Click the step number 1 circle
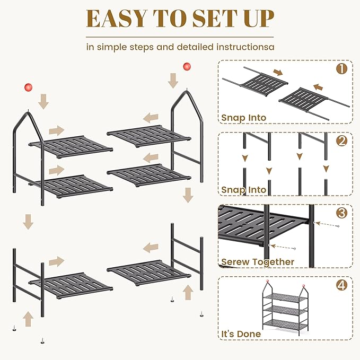(x=341, y=68)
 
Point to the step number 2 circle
(x=341, y=141)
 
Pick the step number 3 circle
(x=341, y=213)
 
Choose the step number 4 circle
(x=341, y=285)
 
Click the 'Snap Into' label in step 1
(x=243, y=118)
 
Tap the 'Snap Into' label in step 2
(x=243, y=190)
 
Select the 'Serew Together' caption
(x=258, y=262)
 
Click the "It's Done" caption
(x=241, y=334)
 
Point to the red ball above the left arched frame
(x=29, y=87)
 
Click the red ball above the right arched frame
(x=187, y=67)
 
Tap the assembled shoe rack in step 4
(x=285, y=308)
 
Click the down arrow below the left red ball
(x=43, y=101)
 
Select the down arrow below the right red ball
(x=173, y=81)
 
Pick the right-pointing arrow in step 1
(x=278, y=73)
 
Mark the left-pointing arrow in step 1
(x=318, y=87)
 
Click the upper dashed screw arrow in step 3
(x=328, y=224)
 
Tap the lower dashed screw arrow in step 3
(x=283, y=247)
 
